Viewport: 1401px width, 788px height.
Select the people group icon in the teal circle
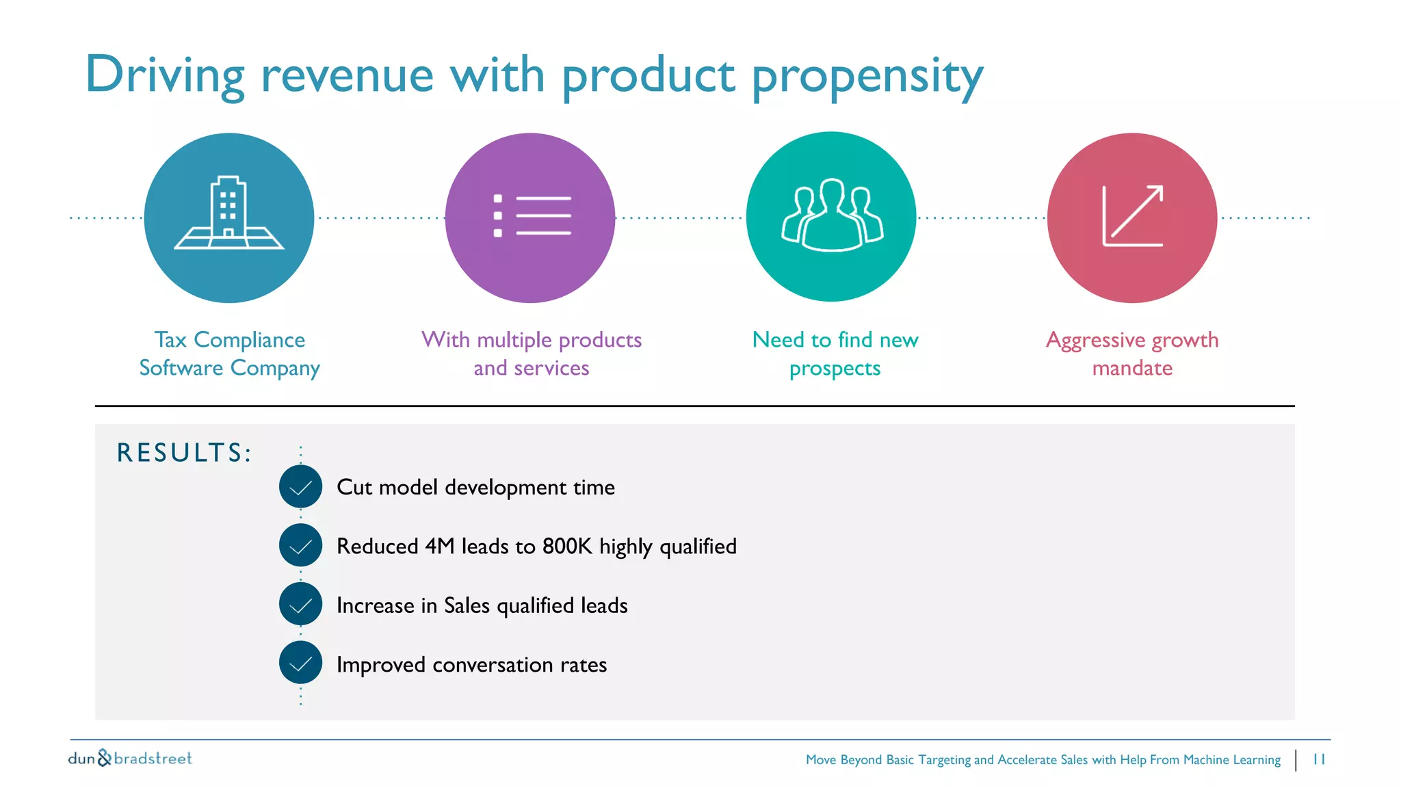point(832,215)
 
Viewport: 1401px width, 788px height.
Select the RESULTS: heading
point(184,453)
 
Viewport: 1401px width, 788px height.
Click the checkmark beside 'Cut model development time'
point(300,487)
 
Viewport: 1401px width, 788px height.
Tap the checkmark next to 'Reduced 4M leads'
point(300,546)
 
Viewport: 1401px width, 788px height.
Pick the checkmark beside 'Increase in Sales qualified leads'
point(300,605)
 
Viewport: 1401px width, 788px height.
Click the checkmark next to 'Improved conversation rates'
point(300,664)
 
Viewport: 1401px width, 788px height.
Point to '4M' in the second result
point(439,547)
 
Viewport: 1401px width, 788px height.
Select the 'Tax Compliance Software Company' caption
point(229,354)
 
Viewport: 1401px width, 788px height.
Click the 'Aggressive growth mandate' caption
point(1132,354)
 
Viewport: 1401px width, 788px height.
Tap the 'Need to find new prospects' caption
point(835,354)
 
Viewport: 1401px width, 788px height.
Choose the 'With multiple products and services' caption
point(532,354)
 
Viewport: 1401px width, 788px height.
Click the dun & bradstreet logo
point(130,758)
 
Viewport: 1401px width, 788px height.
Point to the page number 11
point(1319,759)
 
